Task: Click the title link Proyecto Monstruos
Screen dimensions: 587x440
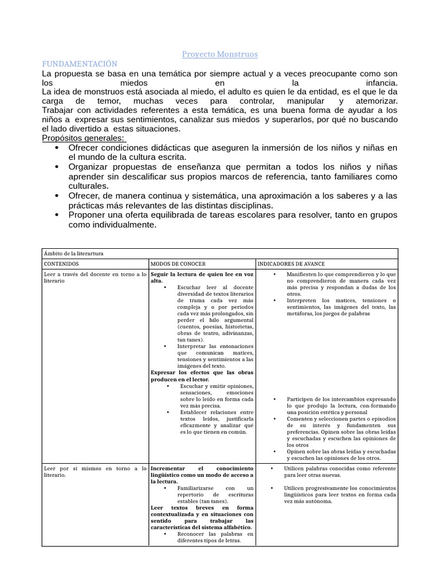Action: (x=219, y=54)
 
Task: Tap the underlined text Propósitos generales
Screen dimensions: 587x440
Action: (x=84, y=138)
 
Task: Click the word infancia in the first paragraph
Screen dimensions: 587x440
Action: (x=377, y=83)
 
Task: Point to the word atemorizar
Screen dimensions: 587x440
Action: (x=373, y=101)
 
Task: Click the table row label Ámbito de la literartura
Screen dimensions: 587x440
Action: (x=73, y=253)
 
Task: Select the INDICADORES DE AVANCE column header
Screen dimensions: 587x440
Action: (x=291, y=264)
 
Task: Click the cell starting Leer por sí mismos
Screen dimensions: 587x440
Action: (x=95, y=472)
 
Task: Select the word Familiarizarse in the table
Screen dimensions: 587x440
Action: (x=197, y=487)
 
